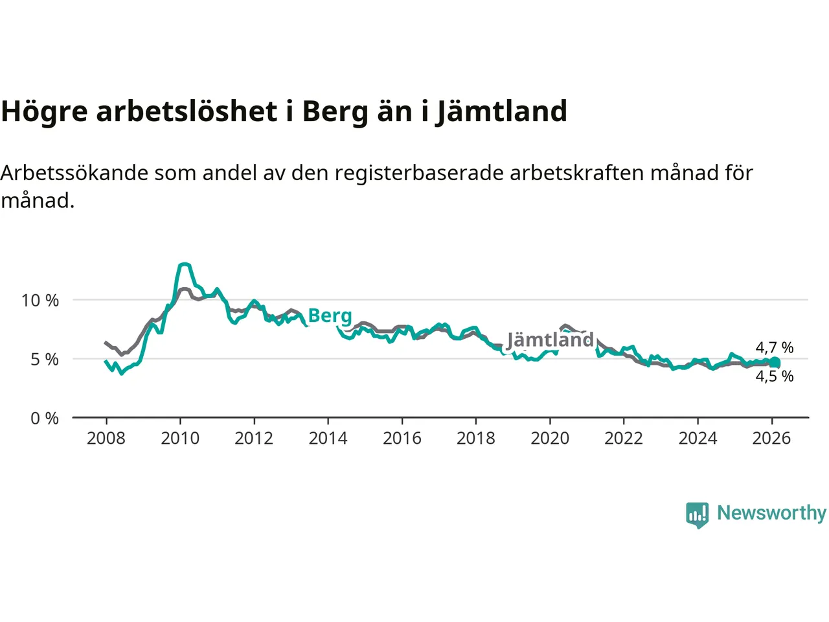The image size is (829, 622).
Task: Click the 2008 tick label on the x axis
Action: pyautogui.click(x=106, y=439)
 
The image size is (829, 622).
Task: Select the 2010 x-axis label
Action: pyautogui.click(x=180, y=439)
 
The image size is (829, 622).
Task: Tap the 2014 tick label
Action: pyautogui.click(x=328, y=439)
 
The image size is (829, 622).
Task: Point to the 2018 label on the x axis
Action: pyautogui.click(x=475, y=439)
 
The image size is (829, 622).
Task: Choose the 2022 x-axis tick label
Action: pyautogui.click(x=623, y=439)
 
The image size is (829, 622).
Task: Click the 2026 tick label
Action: pyautogui.click(x=771, y=439)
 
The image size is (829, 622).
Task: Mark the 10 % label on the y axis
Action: pyautogui.click(x=40, y=301)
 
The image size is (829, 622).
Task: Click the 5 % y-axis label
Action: pyautogui.click(x=45, y=360)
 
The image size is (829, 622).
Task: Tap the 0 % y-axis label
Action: pyautogui.click(x=45, y=419)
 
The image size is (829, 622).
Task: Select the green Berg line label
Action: pyautogui.click(x=330, y=316)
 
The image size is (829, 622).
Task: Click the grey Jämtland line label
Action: pyautogui.click(x=550, y=340)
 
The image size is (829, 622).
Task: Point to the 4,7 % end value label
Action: pyautogui.click(x=774, y=348)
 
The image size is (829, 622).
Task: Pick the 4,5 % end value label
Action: pyautogui.click(x=774, y=376)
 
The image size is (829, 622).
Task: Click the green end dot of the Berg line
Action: pyautogui.click(x=775, y=363)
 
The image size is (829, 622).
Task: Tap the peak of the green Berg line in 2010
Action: pyautogui.click(x=185, y=264)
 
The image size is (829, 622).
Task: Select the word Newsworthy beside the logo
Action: pyautogui.click(x=771, y=513)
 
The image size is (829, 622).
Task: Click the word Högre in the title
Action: pyautogui.click(x=45, y=112)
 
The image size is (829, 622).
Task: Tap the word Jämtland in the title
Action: pyautogui.click(x=501, y=112)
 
